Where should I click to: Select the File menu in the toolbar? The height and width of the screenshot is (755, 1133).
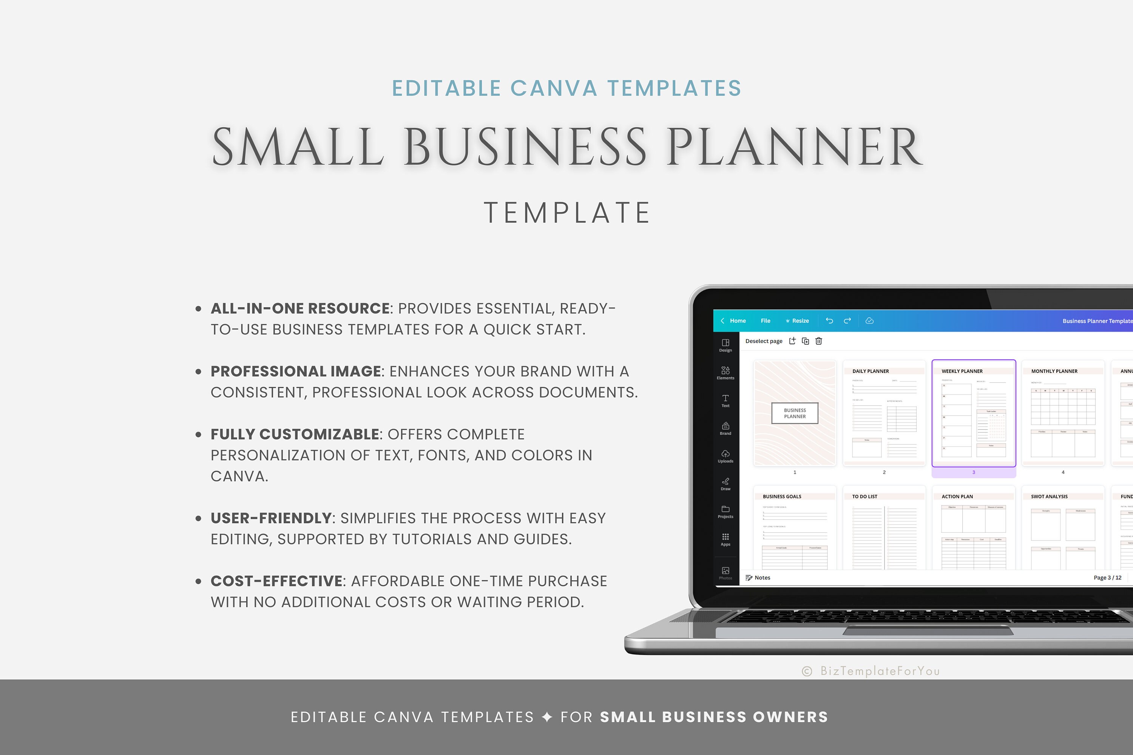(766, 320)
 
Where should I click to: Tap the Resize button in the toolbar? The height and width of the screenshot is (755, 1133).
(797, 320)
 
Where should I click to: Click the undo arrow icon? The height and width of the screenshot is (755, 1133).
(829, 320)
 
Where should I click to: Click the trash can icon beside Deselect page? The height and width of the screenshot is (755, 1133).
(818, 341)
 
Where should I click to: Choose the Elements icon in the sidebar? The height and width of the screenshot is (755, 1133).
(725, 372)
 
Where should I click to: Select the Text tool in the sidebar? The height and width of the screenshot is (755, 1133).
(725, 400)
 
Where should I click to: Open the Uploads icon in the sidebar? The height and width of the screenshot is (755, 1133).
(725, 456)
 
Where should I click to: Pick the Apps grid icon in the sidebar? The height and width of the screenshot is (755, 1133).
(725, 539)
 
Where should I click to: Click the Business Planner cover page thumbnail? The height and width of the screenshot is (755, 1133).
(795, 413)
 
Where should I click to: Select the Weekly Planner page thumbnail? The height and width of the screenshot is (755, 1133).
(974, 413)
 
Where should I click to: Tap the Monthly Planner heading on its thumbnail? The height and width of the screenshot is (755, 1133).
(1054, 371)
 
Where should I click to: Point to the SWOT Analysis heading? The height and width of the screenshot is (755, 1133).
(1049, 496)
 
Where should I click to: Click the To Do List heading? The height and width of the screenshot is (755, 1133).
(865, 496)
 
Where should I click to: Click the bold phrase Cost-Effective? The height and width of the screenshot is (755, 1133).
(276, 581)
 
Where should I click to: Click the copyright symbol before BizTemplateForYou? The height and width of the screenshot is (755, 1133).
(807, 671)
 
